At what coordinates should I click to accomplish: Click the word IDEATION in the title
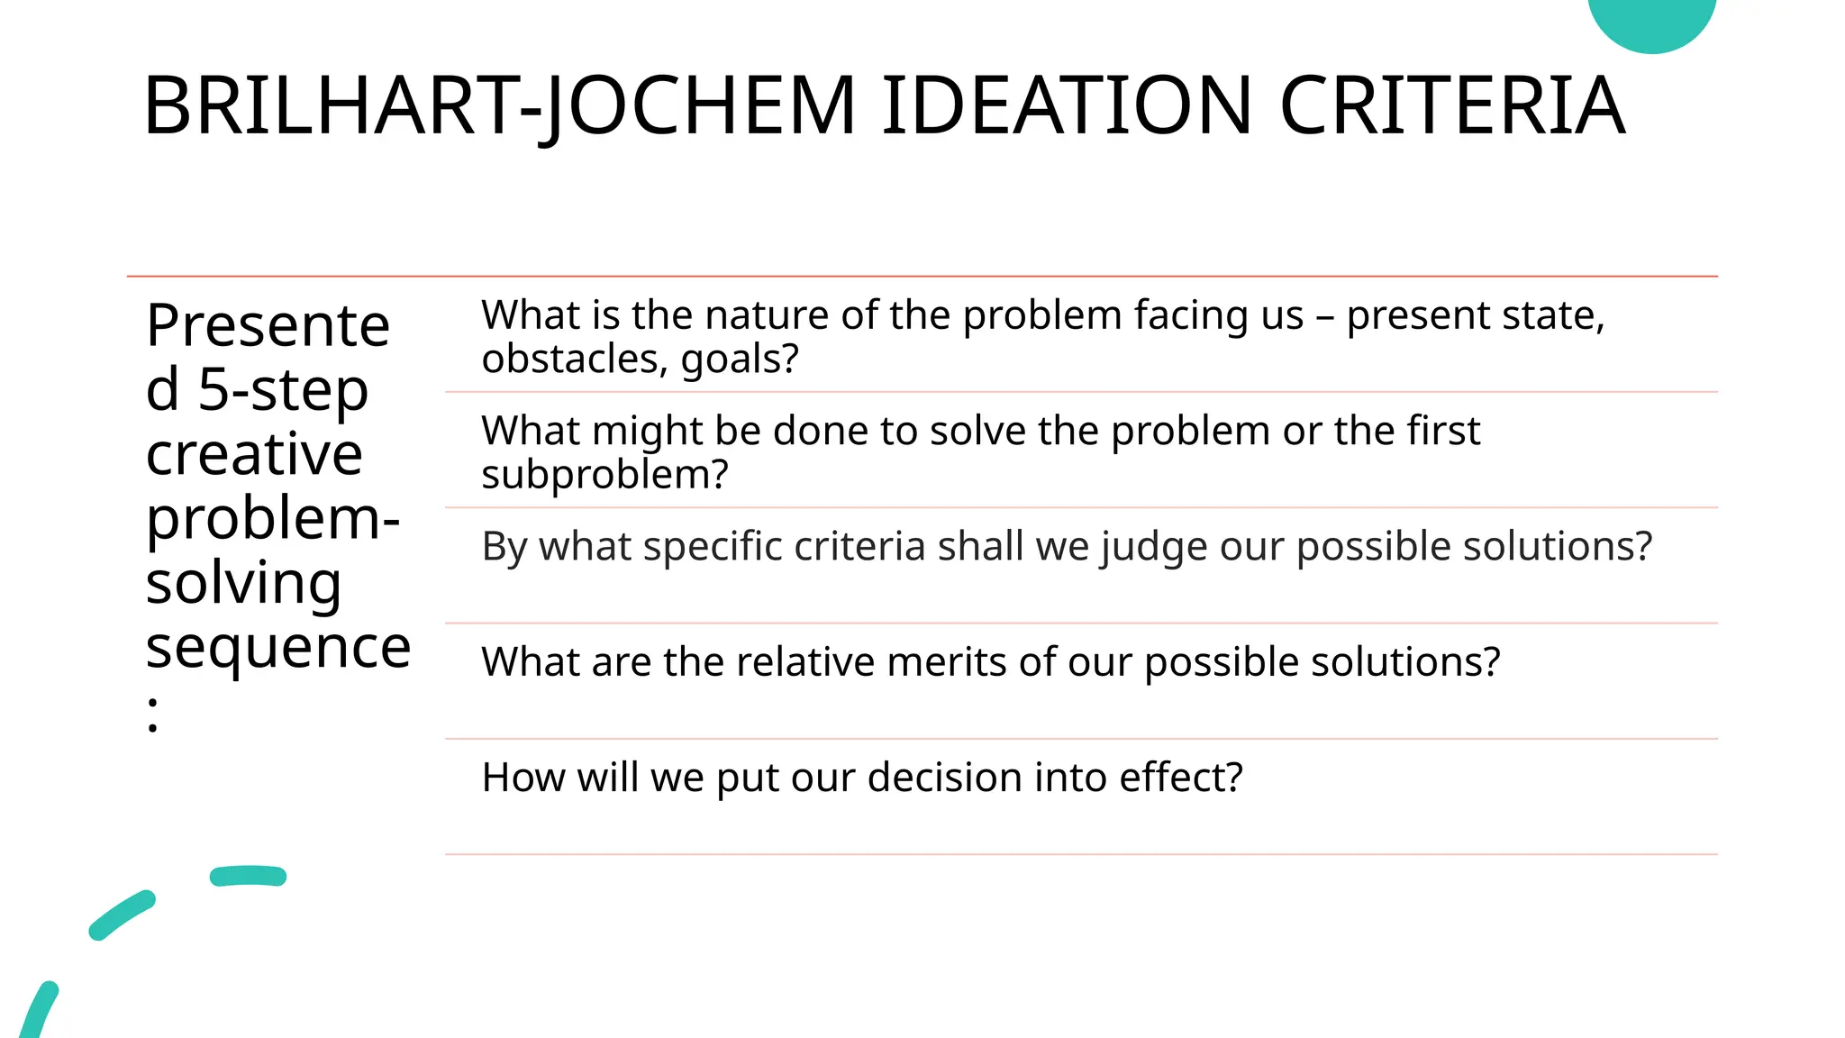pos(1067,105)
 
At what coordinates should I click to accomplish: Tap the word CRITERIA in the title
pos(1452,105)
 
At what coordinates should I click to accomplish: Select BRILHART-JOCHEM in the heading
pos(499,105)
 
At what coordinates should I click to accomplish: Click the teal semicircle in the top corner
pos(1651,22)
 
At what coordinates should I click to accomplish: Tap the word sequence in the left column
pos(278,647)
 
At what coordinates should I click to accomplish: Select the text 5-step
pos(283,389)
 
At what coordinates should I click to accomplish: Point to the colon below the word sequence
pos(153,715)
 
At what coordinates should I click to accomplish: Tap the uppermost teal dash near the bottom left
pos(248,876)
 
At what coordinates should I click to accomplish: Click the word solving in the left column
pos(243,583)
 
